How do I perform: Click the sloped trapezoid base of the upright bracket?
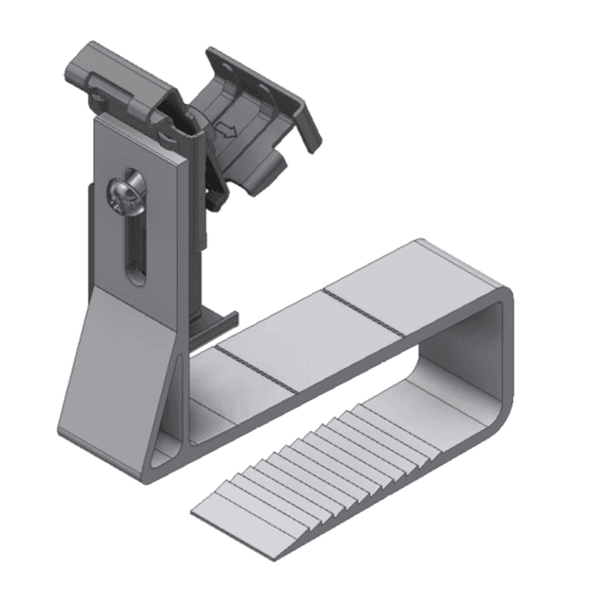116,370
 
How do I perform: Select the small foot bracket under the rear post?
211,324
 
